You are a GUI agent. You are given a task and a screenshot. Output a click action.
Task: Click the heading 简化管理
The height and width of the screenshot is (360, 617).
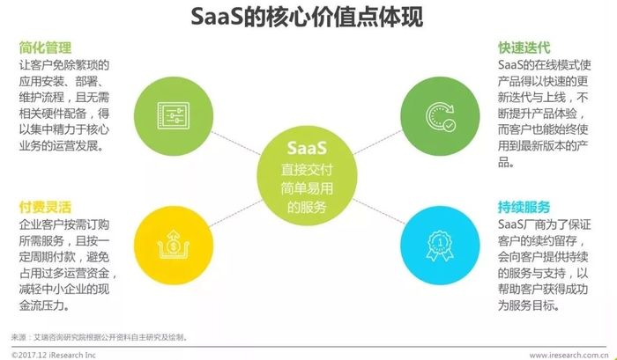[45, 48]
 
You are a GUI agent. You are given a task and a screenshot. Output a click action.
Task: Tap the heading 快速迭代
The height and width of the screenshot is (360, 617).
[524, 48]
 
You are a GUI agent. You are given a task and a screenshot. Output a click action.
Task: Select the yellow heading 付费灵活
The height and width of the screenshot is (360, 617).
[45, 207]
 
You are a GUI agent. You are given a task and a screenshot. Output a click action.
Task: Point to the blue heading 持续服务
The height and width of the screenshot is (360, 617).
[524, 207]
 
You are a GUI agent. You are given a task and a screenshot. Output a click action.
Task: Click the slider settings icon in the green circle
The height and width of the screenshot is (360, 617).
[174, 116]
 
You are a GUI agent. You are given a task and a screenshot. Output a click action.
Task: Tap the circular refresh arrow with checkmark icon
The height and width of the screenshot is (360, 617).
[441, 116]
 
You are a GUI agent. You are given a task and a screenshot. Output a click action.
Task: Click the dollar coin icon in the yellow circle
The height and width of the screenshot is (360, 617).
[174, 245]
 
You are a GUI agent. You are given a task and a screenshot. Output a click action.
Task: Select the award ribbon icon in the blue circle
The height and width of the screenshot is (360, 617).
[440, 246]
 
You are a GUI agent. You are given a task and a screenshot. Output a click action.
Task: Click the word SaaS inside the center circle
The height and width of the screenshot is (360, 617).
[307, 148]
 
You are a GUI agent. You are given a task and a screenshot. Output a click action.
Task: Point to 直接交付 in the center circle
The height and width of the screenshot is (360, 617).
[307, 170]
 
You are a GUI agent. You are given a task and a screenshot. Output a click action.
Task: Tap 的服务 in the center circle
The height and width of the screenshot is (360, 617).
[307, 207]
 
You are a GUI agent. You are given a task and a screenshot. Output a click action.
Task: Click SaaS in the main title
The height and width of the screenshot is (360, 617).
[217, 17]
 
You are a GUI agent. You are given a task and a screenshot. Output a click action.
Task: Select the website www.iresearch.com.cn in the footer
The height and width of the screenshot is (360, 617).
[569, 356]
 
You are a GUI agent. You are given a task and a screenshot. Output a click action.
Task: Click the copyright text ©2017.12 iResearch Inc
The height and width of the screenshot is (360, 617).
[54, 356]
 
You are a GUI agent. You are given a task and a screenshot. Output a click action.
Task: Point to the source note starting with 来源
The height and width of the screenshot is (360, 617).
[100, 337]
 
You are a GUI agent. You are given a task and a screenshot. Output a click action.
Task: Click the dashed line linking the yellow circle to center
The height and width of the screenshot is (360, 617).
[236, 213]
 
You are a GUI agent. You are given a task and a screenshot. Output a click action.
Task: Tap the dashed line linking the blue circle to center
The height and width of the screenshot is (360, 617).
[378, 211]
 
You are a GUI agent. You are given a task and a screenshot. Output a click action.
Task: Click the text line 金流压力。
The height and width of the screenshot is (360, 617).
[44, 305]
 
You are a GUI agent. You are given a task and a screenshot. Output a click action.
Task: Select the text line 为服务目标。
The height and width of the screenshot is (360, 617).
[529, 305]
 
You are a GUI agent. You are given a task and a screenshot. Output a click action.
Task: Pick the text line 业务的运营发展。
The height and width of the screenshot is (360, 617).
[62, 146]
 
